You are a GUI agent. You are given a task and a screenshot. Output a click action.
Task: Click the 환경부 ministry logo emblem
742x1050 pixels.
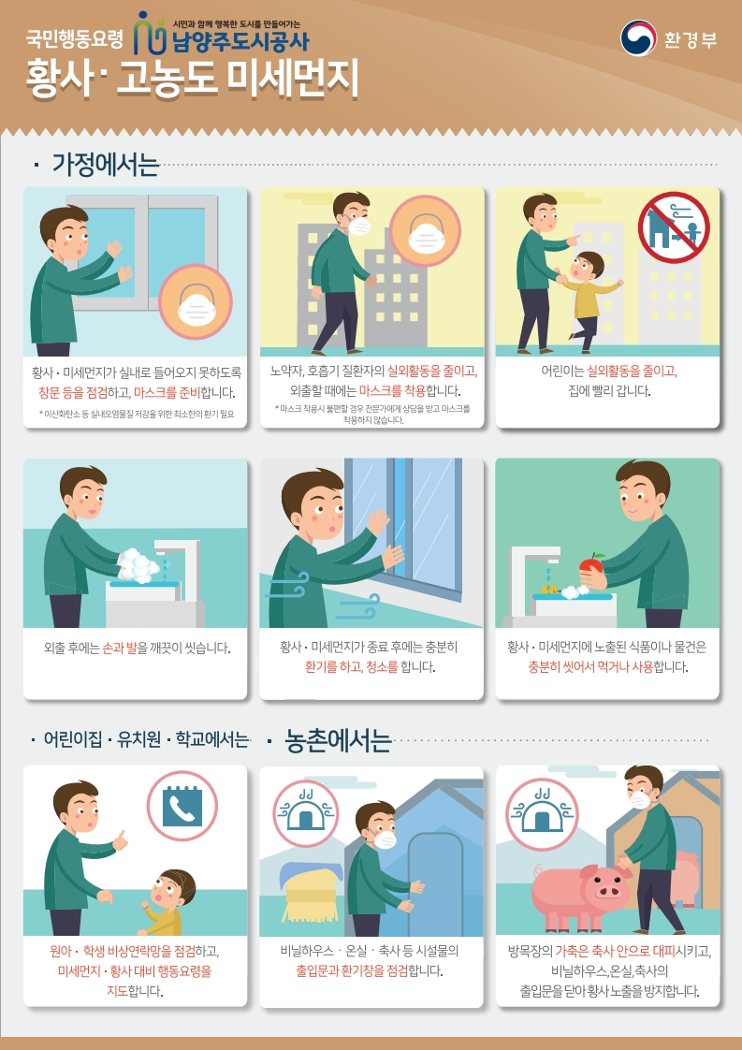637,38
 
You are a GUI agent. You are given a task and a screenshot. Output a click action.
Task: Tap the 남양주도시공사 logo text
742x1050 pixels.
240,42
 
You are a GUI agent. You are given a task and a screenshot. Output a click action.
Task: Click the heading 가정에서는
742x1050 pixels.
105,165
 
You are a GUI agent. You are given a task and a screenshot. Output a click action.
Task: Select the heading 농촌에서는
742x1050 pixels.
338,740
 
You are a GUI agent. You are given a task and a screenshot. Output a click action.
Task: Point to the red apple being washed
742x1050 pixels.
591,567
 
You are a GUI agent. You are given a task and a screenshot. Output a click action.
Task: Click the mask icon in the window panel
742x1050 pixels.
196,300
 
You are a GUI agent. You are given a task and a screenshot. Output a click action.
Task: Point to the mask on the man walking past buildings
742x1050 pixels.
359,226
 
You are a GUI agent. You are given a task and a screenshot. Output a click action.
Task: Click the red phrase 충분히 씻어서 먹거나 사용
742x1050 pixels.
590,667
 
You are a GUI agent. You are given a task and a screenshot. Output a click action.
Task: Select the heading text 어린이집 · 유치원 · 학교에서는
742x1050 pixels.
146,740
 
